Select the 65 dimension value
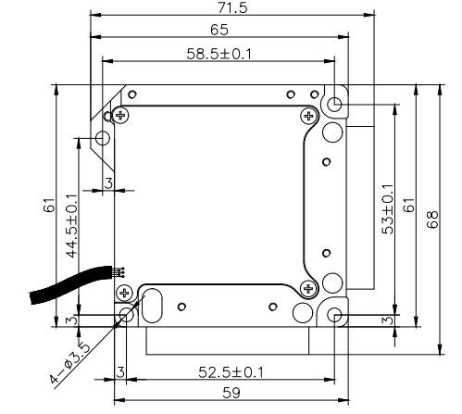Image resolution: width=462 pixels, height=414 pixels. point(221,31)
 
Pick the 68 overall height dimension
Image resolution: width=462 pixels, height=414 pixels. point(431,220)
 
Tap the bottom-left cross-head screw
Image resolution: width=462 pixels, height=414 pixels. point(123,293)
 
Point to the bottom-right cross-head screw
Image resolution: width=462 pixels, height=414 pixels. point(309,286)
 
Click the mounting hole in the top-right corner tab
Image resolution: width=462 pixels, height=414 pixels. point(333,103)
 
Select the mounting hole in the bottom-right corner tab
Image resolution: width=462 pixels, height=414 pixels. point(333,316)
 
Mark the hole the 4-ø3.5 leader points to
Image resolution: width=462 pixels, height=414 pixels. point(125,317)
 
